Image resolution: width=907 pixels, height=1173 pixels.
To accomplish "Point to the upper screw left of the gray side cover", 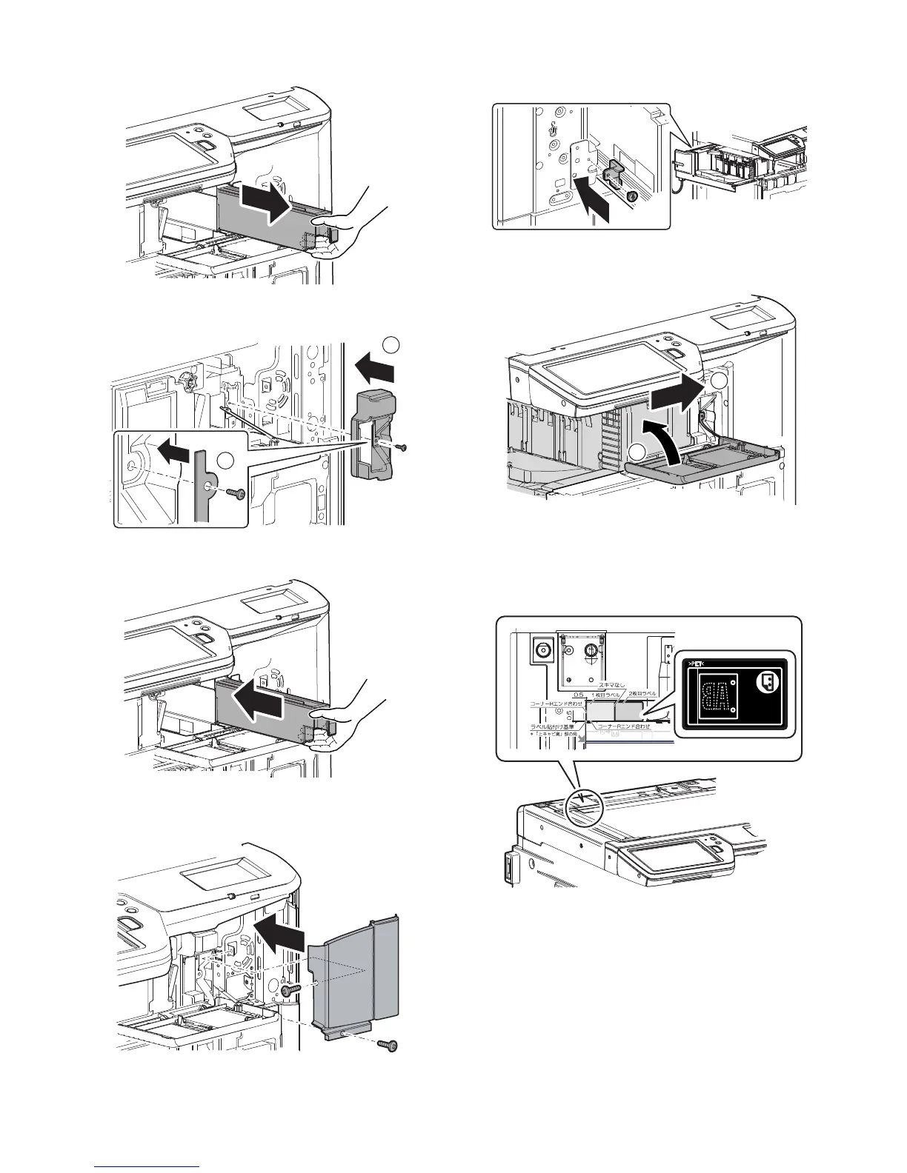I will click(x=288, y=990).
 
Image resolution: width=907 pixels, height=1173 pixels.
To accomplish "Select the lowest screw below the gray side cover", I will click(x=388, y=1045).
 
